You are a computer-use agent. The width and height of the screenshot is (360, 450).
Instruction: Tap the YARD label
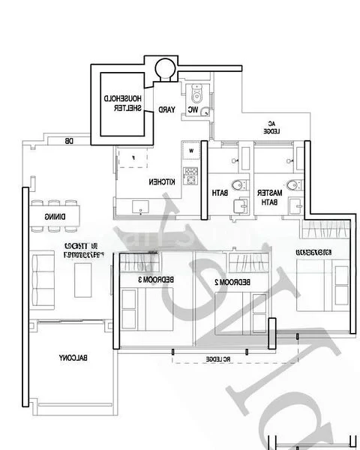click(166, 110)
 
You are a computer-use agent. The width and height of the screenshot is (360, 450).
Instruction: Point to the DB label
click(68, 141)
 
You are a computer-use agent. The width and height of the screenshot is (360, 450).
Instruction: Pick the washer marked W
click(191, 151)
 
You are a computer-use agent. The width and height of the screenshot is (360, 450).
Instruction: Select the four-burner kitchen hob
click(190, 176)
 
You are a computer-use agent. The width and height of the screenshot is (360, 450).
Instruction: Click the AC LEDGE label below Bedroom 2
click(217, 359)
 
